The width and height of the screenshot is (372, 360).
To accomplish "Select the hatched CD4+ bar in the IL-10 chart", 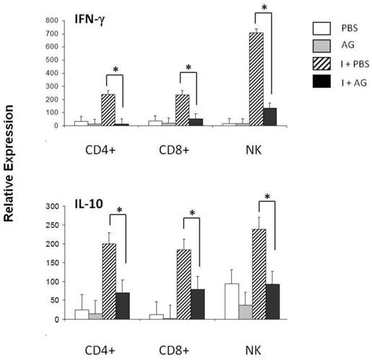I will [109, 281].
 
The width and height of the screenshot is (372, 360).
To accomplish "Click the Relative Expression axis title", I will [14, 180].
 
